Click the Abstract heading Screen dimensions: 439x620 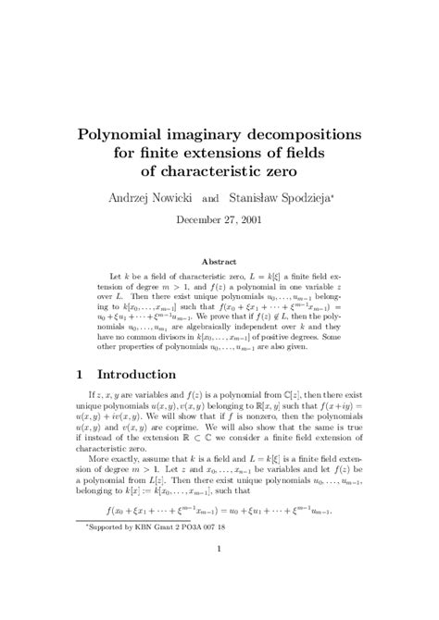pyautogui.click(x=219, y=262)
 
